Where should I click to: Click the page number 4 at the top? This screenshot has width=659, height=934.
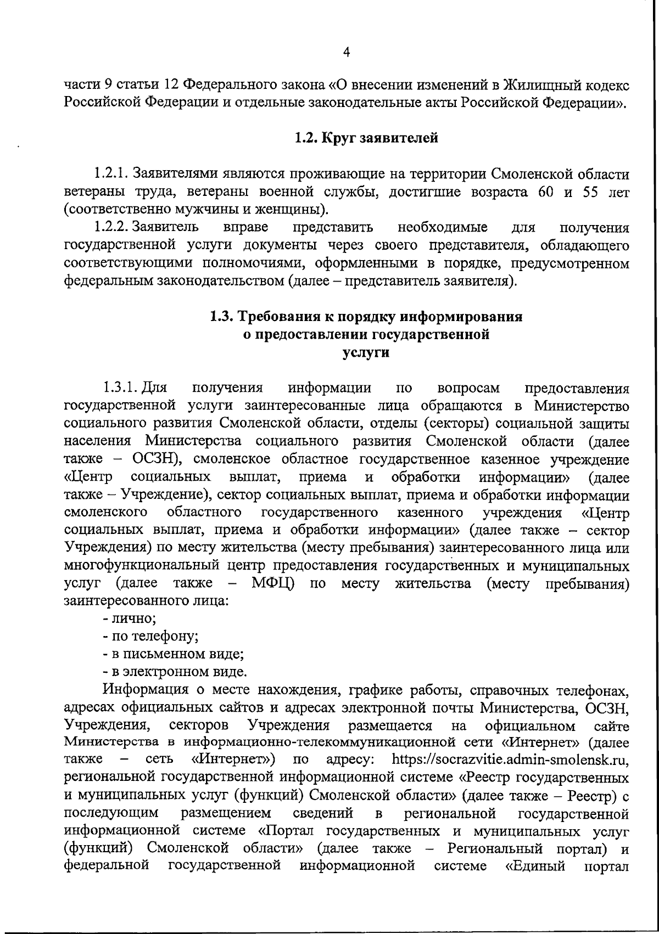coord(346,52)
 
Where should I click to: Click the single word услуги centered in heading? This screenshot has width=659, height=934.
coord(366,352)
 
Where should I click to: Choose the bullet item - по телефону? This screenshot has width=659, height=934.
coord(150,637)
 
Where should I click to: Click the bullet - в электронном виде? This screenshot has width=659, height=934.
coord(175,672)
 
